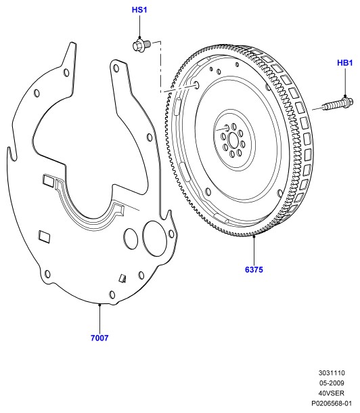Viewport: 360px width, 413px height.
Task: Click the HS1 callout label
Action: (x=139, y=10)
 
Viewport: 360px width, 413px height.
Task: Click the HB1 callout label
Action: (x=344, y=63)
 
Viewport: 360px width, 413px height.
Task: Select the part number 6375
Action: (x=254, y=269)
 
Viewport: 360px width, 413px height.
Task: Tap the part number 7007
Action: (x=99, y=338)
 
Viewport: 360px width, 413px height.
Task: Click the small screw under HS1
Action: (x=141, y=45)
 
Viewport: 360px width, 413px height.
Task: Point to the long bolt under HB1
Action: (x=338, y=104)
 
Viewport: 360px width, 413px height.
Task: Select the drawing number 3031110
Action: (x=332, y=373)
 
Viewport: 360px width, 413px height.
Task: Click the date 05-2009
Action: (x=332, y=383)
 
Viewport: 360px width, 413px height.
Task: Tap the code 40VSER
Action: (x=332, y=393)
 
